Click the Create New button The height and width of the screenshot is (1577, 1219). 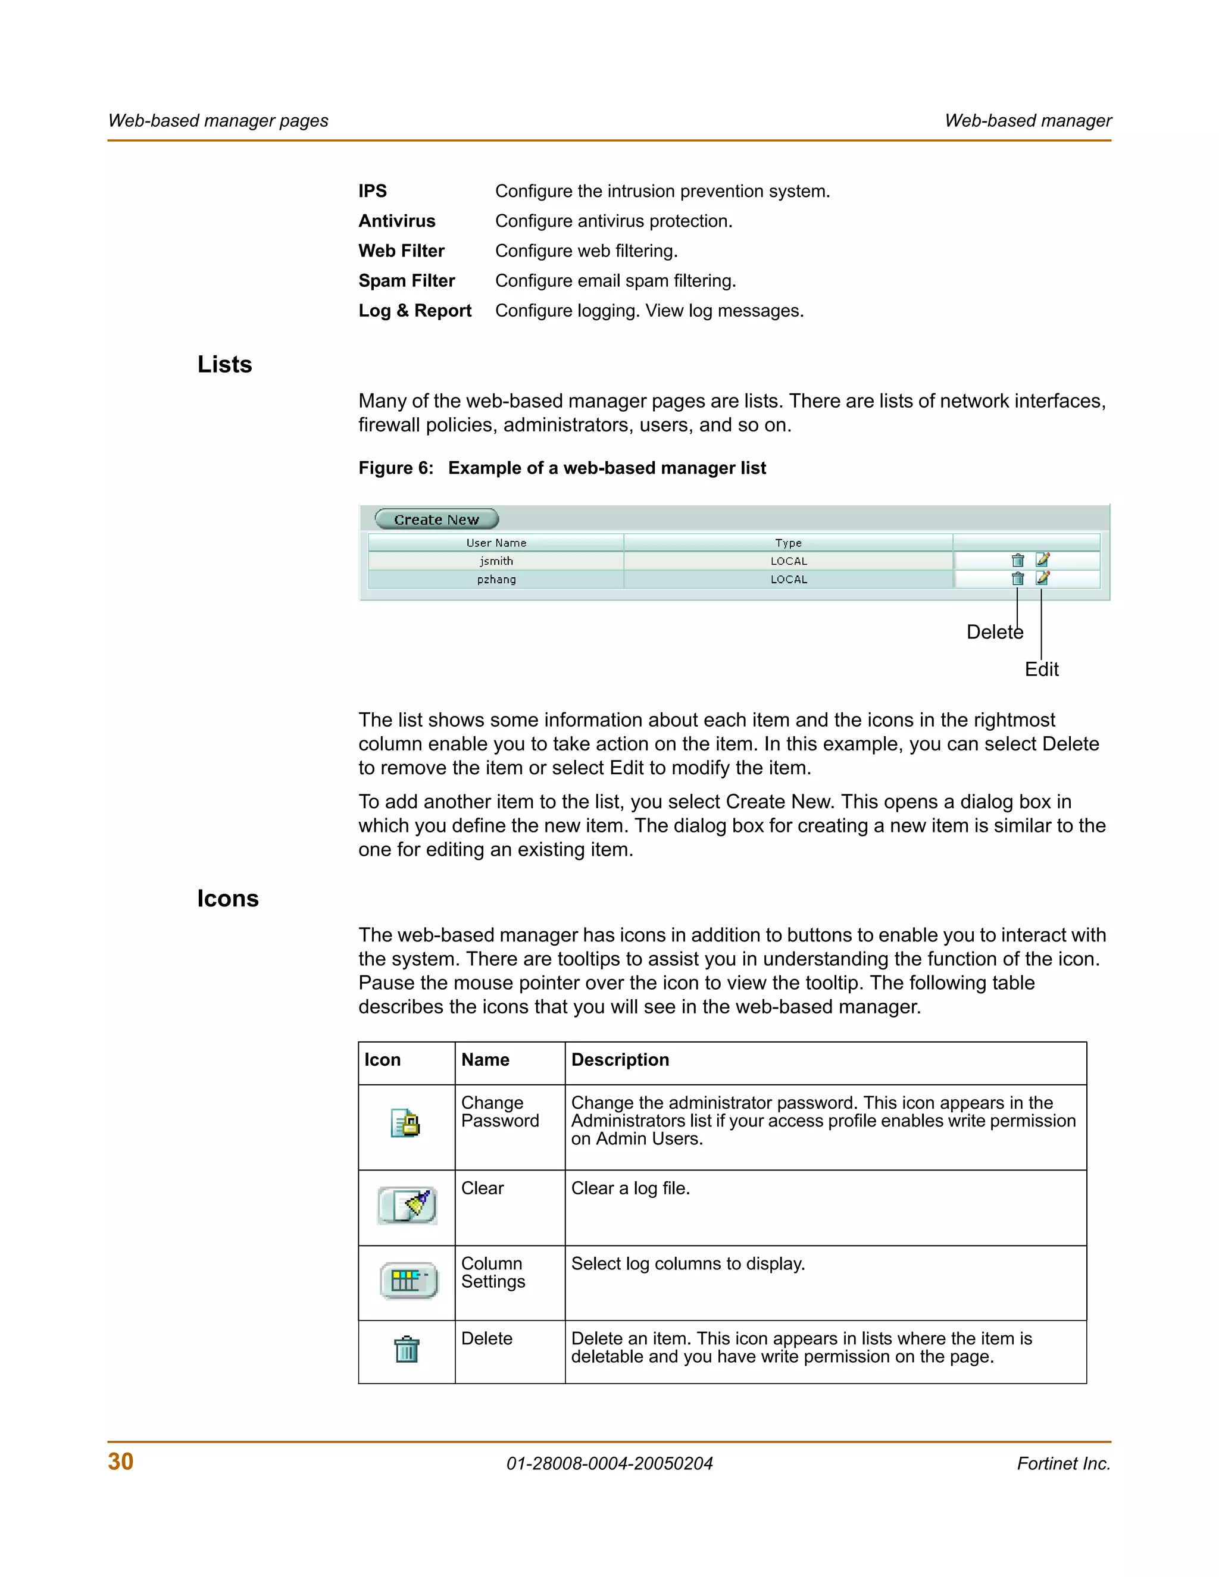tap(436, 519)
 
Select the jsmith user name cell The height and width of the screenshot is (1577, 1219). tap(496, 561)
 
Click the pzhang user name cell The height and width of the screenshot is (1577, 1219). tap(496, 579)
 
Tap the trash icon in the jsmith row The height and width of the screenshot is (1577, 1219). tap(1017, 561)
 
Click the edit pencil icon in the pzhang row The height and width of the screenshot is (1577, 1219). tap(1042, 578)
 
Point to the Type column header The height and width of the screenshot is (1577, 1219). tap(788, 543)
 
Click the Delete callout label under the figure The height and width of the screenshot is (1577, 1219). tap(995, 633)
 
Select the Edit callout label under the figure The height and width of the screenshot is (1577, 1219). tap(1042, 669)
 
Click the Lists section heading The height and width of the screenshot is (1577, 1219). tap(224, 365)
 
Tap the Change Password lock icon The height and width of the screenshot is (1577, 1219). tap(406, 1123)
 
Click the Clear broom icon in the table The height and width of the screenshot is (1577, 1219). tap(407, 1205)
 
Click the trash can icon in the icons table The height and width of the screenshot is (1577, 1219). tap(407, 1349)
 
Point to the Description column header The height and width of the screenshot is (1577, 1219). tap(620, 1059)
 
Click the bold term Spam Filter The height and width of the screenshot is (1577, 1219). tap(407, 281)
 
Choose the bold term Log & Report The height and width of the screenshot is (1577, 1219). tap(414, 311)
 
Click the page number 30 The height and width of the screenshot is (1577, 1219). tap(121, 1462)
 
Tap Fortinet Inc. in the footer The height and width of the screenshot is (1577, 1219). tap(1063, 1464)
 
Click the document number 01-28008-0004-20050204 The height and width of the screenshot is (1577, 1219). tap(609, 1464)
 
